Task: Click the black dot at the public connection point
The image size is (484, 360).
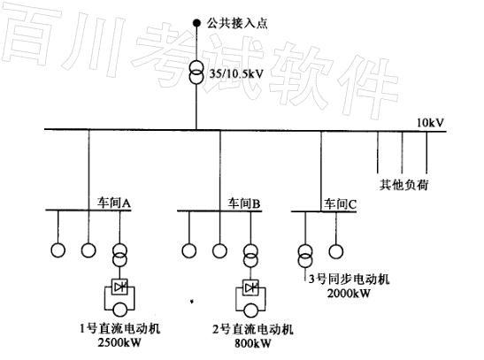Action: click(x=196, y=23)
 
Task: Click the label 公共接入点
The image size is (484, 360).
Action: click(x=237, y=24)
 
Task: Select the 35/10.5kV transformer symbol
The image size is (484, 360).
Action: click(x=196, y=73)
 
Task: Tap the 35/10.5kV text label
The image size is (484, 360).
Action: click(x=236, y=73)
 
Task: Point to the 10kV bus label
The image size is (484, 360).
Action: click(x=430, y=123)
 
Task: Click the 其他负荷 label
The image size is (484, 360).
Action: click(x=403, y=185)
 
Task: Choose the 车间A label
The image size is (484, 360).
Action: click(x=114, y=203)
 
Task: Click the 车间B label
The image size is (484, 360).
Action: click(x=244, y=203)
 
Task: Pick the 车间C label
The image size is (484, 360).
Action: click(x=340, y=204)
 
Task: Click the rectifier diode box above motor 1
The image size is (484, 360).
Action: click(x=119, y=287)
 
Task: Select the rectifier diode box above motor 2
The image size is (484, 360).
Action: click(x=250, y=287)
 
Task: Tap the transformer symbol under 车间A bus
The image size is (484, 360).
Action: click(x=119, y=255)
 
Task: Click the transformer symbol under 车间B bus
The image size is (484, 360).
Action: click(x=250, y=256)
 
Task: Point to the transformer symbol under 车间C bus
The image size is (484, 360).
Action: click(x=305, y=256)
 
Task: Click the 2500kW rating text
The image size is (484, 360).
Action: click(x=119, y=342)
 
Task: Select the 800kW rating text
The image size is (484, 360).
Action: click(x=253, y=343)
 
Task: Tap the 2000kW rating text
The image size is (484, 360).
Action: click(x=349, y=293)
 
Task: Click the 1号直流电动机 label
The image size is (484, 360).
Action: click(x=120, y=328)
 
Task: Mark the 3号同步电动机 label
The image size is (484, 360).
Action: click(x=350, y=280)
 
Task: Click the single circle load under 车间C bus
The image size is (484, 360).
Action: click(x=336, y=252)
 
